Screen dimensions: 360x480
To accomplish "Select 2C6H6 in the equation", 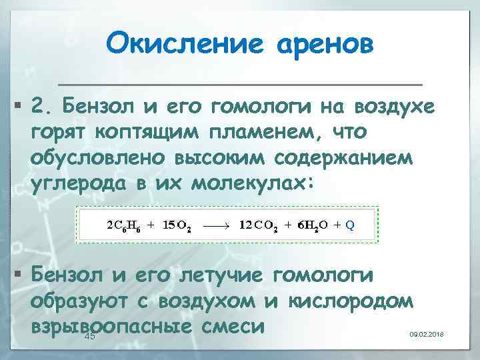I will (123, 225).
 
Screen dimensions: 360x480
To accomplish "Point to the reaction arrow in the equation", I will (215, 225).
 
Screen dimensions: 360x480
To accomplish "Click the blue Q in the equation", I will (350, 225).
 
